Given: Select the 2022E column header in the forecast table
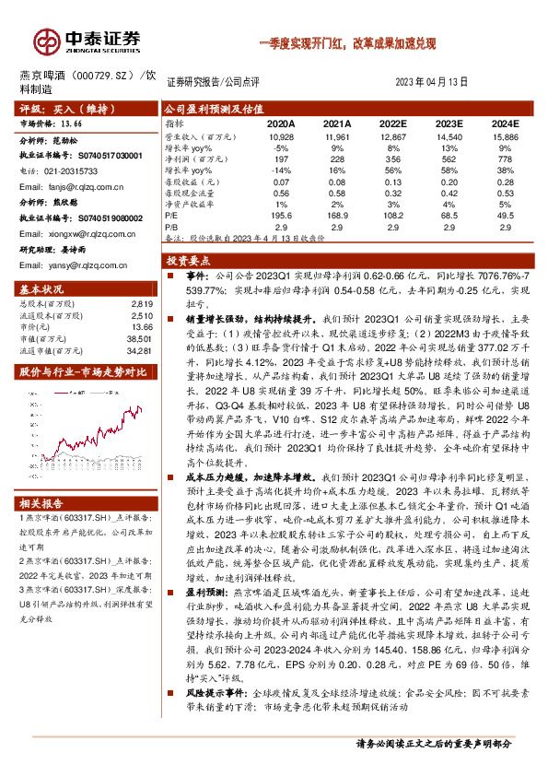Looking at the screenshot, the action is [x=393, y=122].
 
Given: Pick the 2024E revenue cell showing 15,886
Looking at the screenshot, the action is [x=506, y=135].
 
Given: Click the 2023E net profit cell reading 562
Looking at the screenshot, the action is [x=449, y=158].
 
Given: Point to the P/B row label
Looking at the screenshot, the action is [x=172, y=224].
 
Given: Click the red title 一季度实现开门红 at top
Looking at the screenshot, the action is [x=304, y=42].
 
